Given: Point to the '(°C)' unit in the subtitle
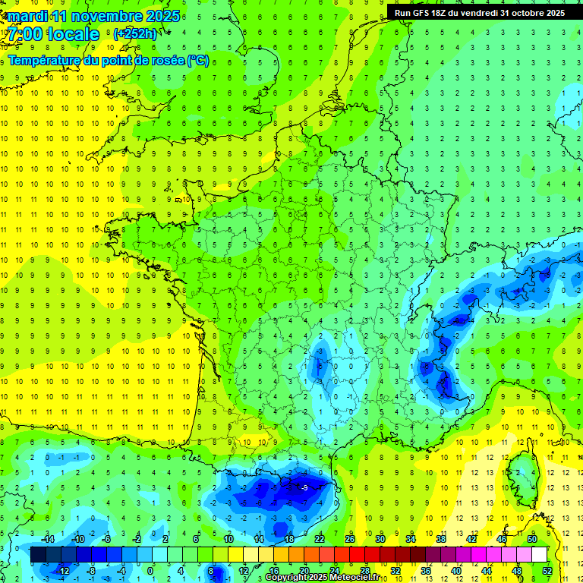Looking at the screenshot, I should [x=197, y=61].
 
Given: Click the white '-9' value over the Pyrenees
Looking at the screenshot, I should [x=304, y=487].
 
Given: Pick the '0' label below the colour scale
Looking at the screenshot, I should [x=150, y=571].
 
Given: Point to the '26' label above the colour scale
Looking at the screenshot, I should [x=350, y=539].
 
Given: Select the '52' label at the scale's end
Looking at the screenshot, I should [x=547, y=571].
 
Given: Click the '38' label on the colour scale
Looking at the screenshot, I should [x=441, y=539].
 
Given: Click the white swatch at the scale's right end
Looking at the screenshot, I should [x=539, y=555].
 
